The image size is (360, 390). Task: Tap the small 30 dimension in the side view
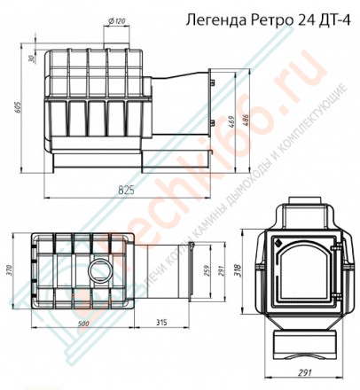click(x=31, y=59)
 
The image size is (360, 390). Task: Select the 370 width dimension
click(x=12, y=273)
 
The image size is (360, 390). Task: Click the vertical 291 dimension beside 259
click(x=222, y=275)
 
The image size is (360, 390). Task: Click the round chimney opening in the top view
click(x=98, y=272)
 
